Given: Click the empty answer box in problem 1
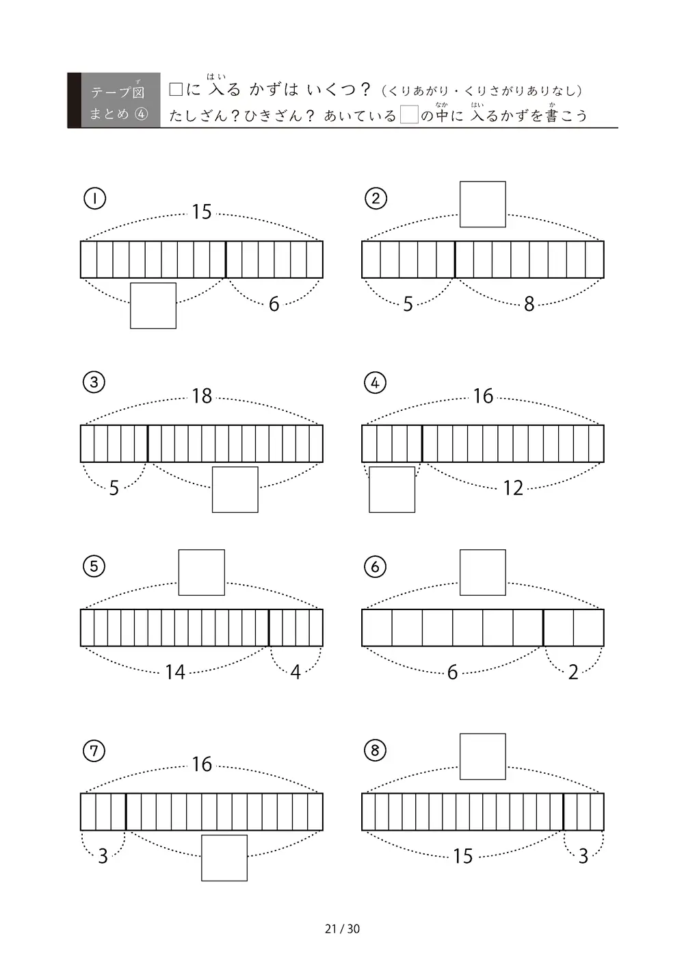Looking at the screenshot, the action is [153, 305].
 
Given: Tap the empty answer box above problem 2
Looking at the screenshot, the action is [483, 204].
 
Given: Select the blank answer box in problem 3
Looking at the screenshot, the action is [235, 490].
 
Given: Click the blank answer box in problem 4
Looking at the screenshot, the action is [392, 490].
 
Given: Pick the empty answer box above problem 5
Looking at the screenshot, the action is [201, 572].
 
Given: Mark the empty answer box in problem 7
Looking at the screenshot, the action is [224, 858].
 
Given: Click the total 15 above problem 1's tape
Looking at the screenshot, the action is [202, 212].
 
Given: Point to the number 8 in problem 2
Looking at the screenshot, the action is [529, 304].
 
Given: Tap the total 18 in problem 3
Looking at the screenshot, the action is [202, 396].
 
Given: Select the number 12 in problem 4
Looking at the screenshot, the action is [513, 488].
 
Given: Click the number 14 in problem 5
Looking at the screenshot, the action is [175, 672].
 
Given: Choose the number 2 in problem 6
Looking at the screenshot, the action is [573, 672].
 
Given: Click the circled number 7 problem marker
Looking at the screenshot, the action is [94, 751].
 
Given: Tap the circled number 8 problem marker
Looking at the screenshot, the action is [376, 751].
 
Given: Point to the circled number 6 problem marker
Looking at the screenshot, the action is [376, 567].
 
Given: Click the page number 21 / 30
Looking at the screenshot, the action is [342, 929].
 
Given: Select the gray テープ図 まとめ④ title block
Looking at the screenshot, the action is [114, 100].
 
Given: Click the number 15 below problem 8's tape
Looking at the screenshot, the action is [463, 856].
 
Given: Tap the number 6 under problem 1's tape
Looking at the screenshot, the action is [274, 304].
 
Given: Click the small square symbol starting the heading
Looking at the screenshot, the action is [176, 90].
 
